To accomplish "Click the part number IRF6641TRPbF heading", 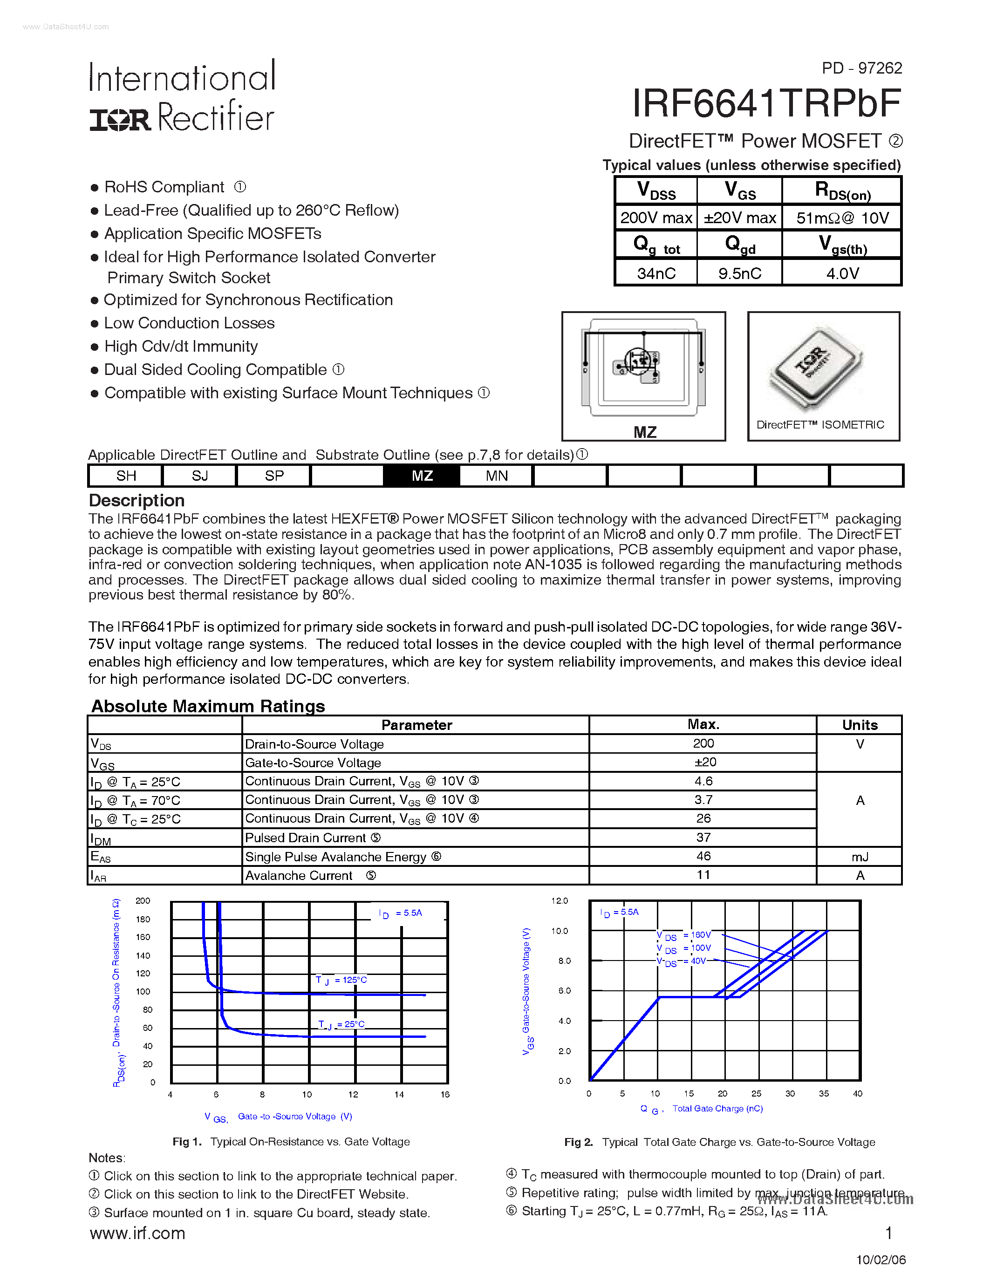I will [x=766, y=104].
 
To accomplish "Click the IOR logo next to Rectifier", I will [x=120, y=120].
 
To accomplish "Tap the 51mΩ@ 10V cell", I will [x=842, y=218].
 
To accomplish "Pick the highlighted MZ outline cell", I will [x=422, y=476].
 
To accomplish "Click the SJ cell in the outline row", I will [x=200, y=476].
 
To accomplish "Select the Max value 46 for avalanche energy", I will [x=703, y=856].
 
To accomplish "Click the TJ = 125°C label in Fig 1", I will [x=341, y=980].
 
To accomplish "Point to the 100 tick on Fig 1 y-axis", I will [x=143, y=991].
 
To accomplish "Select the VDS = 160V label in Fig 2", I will [x=684, y=935].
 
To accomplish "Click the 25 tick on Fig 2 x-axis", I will [x=756, y=1094].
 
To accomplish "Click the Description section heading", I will [x=137, y=500].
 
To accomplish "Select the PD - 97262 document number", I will [x=861, y=68].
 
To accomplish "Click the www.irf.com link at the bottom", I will [x=137, y=1233].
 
